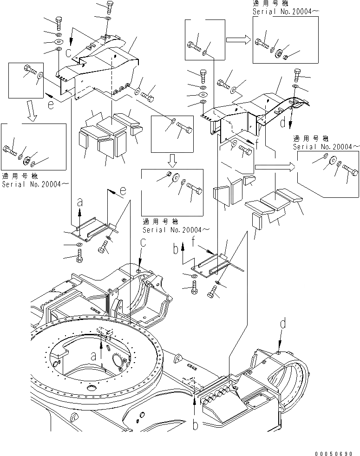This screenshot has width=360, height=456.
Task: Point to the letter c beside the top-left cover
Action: coord(68,53)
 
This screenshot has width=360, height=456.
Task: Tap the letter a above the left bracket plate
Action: coord(80,202)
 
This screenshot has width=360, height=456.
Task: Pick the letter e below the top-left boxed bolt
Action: coord(51,105)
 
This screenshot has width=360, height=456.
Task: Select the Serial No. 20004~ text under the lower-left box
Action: coord(35,184)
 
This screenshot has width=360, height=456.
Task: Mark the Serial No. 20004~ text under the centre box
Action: coord(176,230)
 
